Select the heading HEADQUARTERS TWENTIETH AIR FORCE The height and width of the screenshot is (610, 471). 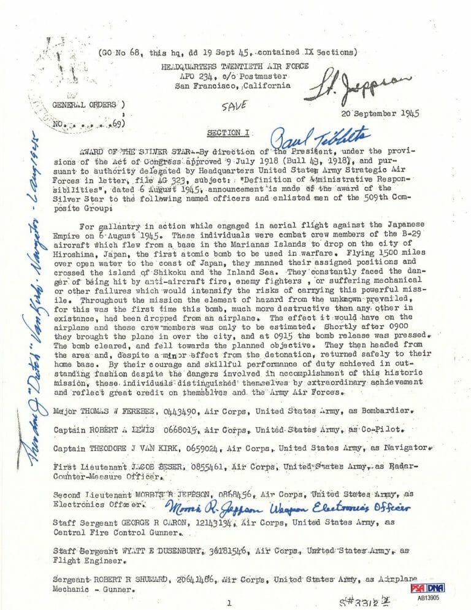coord(235,66)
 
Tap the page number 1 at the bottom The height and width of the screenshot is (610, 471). coord(228,603)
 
